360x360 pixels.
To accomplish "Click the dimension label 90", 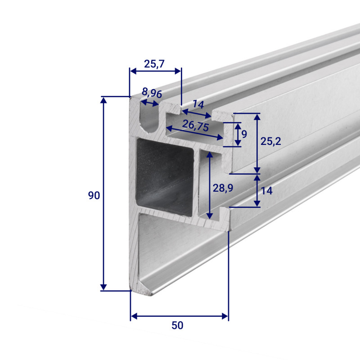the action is tap(94, 195).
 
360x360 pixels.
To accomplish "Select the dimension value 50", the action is tap(177, 325).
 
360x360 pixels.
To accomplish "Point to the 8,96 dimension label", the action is tap(152, 93).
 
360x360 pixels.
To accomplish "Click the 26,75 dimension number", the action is tap(196, 126).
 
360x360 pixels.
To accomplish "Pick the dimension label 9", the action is tap(244, 134).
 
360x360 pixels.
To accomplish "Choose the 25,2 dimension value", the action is tap(271, 141).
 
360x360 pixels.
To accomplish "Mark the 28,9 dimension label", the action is tap(223, 188).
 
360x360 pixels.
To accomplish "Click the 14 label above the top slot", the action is tap(198, 104).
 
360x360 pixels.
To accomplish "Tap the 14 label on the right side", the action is tap(267, 190).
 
